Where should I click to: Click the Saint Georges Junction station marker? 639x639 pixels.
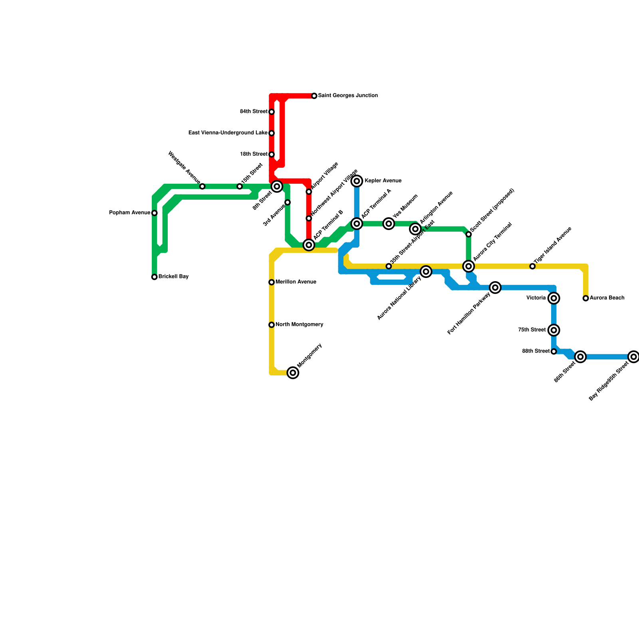coord(314,96)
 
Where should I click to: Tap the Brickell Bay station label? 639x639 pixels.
coord(173,277)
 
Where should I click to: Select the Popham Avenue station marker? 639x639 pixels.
coord(155,213)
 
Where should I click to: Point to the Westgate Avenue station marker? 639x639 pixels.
coord(202,187)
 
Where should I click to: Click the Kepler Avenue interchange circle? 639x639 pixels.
coord(357,181)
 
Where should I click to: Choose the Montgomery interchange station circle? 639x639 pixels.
coord(293,373)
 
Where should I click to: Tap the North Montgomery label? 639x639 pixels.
coord(299,325)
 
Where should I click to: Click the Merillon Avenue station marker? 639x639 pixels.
coord(272,282)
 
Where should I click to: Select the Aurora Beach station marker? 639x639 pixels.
coord(585,298)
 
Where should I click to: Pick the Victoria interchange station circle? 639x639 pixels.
coord(554,298)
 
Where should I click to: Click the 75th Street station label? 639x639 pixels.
coord(532,330)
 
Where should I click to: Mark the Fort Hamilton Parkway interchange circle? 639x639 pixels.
coord(495,288)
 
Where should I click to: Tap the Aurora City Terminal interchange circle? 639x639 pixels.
coord(468,266)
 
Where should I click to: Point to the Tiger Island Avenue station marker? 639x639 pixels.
coord(532,266)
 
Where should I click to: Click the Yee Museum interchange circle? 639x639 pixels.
coord(389,224)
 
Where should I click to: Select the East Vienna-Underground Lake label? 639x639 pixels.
coord(228,133)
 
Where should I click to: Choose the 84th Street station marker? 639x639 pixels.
coord(272,112)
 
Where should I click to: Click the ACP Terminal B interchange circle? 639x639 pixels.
coord(309,245)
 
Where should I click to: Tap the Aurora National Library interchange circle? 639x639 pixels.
coord(426,272)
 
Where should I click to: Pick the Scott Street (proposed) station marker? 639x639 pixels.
coord(468,234)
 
